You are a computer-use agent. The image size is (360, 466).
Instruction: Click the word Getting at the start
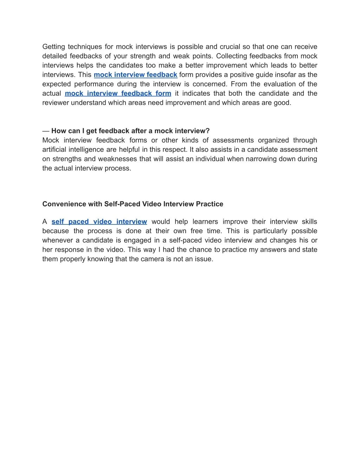(x=53, y=47)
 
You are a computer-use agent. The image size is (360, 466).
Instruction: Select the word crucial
(x=230, y=47)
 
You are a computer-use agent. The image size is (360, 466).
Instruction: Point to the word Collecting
(x=231, y=56)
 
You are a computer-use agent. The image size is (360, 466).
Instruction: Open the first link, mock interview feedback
(x=135, y=75)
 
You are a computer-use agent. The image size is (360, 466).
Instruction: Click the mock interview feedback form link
(x=118, y=94)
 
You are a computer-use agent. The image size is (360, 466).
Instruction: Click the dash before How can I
(x=46, y=131)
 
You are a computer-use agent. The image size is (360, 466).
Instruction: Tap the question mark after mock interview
(x=208, y=131)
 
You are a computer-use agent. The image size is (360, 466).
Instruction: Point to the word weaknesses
(x=117, y=159)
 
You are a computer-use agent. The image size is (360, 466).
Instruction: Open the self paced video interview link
(x=99, y=222)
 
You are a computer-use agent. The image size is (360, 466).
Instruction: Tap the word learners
(x=205, y=222)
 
